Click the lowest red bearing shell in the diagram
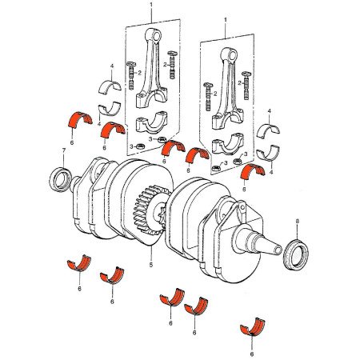[253, 329]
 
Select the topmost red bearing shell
[78, 118]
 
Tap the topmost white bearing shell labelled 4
[110, 86]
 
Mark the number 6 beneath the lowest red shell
[252, 352]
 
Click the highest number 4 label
[111, 65]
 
